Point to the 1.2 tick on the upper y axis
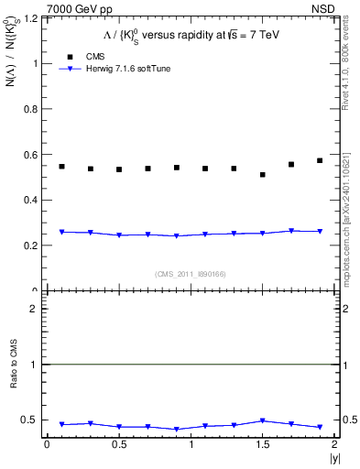pos(33,18)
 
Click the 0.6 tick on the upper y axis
pos(33,154)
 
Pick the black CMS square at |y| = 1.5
pos(263,174)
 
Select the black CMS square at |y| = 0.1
pos(61,166)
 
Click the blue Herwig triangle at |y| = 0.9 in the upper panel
pos(177,236)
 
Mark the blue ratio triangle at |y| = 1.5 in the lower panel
pos(263,421)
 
